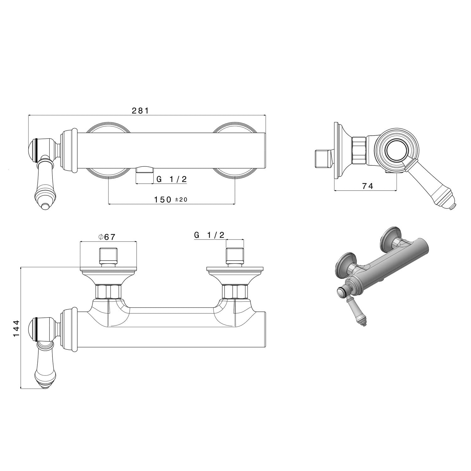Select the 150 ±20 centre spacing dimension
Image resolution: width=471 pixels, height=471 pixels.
171,199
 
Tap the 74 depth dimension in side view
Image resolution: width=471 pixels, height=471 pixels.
368,186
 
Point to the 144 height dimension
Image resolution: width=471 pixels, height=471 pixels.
16,328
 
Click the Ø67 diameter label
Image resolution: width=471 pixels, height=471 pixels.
107,237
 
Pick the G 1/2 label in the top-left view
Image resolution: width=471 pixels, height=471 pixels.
171,179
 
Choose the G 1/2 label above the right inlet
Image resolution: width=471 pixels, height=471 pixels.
209,235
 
